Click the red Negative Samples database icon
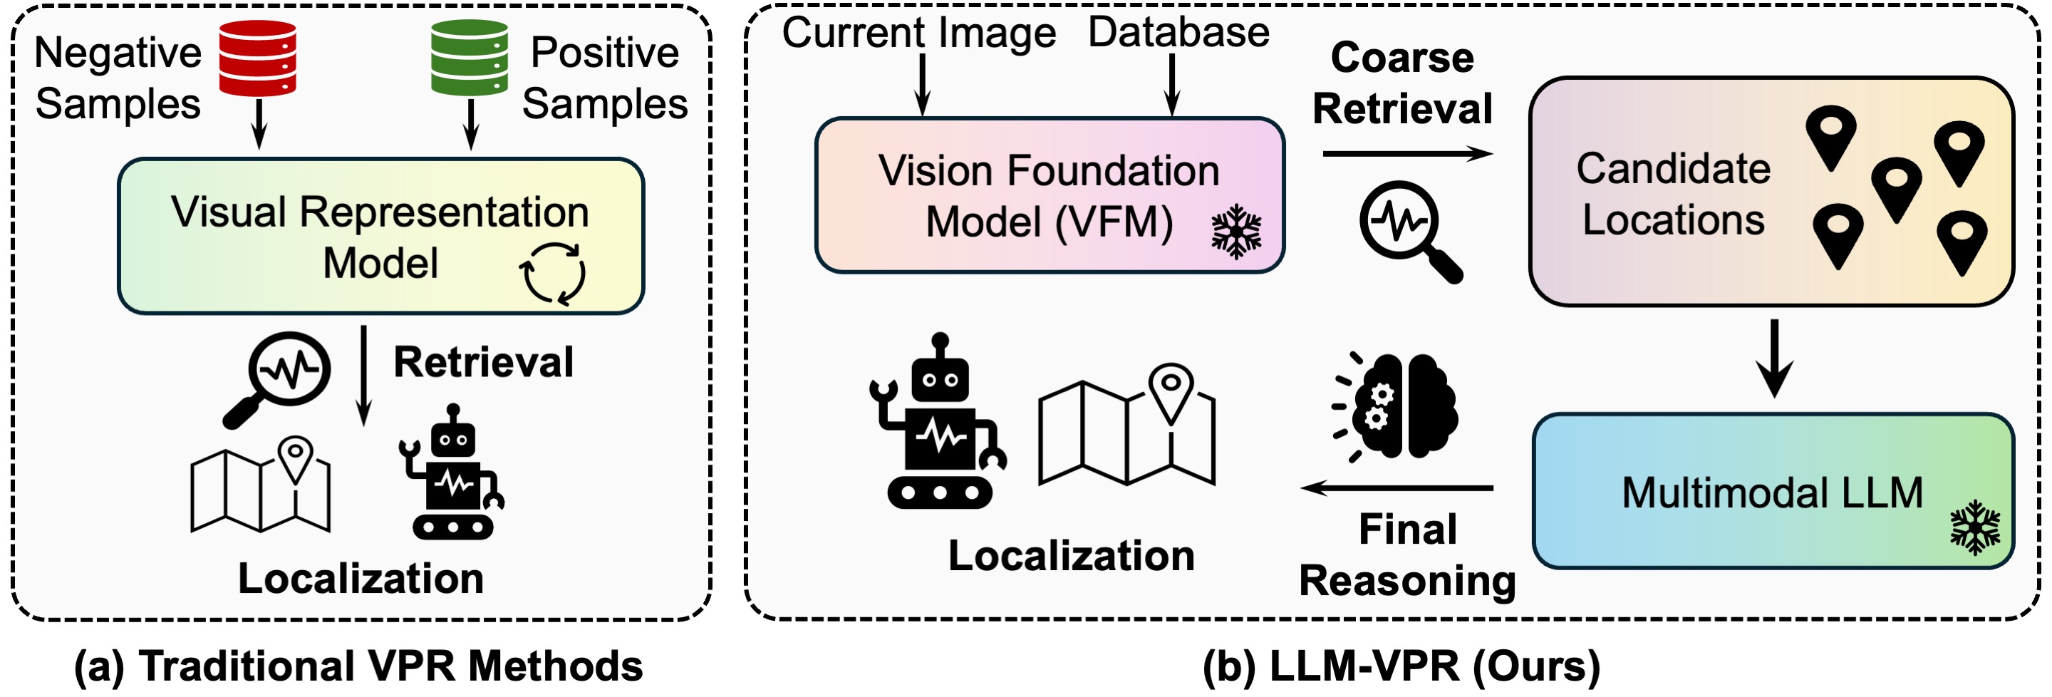pyautogui.click(x=257, y=58)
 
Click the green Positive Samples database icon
pyautogui.click(x=470, y=58)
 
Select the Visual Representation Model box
pyautogui.click(x=380, y=236)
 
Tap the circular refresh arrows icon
pyautogui.click(x=552, y=273)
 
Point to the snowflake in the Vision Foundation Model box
pyautogui.click(x=1236, y=232)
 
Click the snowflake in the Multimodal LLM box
pyautogui.click(x=1975, y=527)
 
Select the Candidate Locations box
pyautogui.click(x=1771, y=192)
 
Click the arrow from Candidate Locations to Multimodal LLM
pyautogui.click(x=1775, y=358)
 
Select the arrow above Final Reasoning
pyautogui.click(x=1397, y=487)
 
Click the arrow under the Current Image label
pyautogui.click(x=922, y=86)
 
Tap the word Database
pyautogui.click(x=1178, y=33)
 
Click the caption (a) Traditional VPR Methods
pyautogui.click(x=358, y=666)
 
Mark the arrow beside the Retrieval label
pyautogui.click(x=363, y=374)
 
